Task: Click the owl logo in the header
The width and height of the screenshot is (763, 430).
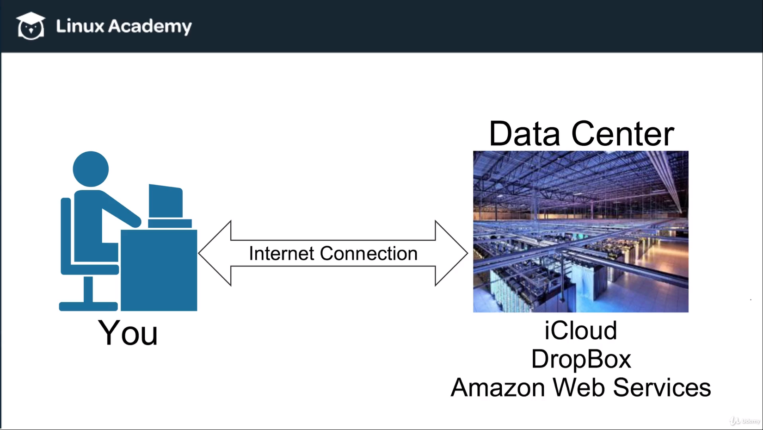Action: click(31, 26)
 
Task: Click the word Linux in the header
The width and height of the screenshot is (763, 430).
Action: click(80, 26)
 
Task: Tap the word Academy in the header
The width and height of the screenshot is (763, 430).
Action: click(150, 27)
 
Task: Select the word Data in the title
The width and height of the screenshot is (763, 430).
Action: click(524, 134)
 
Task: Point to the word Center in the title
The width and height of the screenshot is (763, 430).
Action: click(622, 134)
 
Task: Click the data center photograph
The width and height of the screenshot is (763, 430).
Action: click(580, 231)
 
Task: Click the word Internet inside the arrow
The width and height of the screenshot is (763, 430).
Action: click(282, 254)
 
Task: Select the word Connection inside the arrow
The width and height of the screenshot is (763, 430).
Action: click(369, 254)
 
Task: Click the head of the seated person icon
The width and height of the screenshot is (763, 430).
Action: click(91, 169)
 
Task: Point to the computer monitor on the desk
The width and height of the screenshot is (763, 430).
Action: click(166, 201)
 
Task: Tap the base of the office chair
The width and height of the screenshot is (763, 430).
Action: click(88, 306)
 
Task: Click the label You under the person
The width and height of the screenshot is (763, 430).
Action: click(128, 333)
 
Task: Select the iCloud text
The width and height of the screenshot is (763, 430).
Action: click(580, 330)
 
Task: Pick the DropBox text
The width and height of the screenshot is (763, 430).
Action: click(581, 359)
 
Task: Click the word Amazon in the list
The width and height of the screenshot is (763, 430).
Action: click(498, 387)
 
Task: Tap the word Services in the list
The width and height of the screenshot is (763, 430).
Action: click(662, 387)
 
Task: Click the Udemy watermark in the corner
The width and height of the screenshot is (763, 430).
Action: click(745, 421)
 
